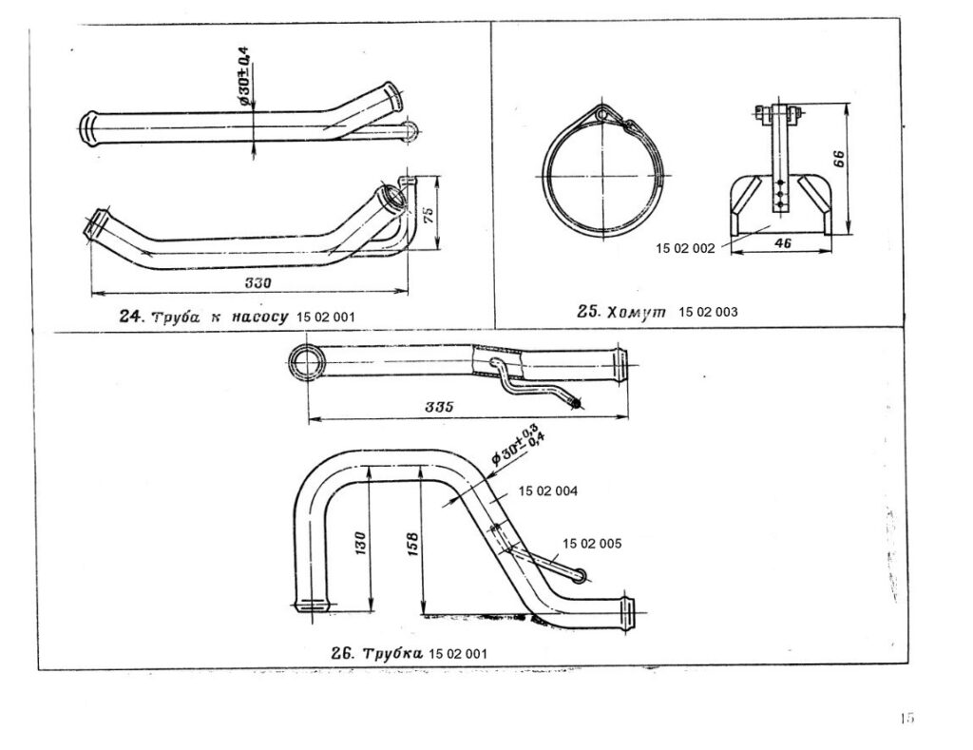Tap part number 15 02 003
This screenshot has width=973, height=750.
click(x=709, y=312)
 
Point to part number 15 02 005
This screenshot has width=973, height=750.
click(x=592, y=544)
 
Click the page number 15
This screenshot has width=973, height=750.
click(x=906, y=719)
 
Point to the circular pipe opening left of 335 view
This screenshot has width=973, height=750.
click(x=306, y=362)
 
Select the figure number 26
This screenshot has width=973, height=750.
click(x=342, y=654)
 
